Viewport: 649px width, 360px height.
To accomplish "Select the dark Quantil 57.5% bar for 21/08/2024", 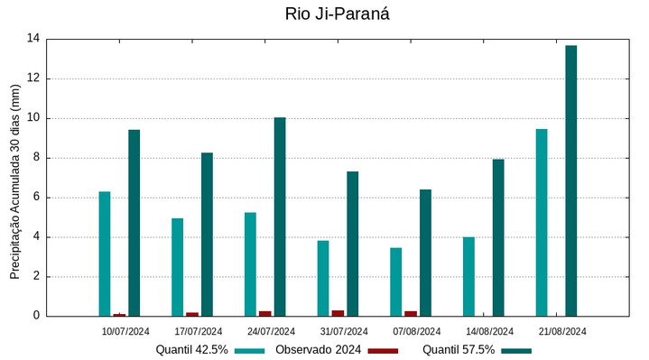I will coord(571,180).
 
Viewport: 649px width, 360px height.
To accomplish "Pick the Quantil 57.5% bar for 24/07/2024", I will coord(280,217).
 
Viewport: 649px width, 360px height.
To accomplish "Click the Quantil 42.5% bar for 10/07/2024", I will coord(105,254).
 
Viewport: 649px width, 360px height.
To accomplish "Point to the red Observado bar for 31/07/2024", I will coord(338,313).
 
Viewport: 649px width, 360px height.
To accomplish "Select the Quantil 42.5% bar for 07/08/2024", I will coord(396,282).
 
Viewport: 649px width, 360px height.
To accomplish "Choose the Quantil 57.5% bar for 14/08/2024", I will coord(498,237).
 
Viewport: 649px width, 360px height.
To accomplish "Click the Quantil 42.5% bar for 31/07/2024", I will coord(323,278).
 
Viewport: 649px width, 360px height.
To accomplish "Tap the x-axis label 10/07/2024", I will coord(125,331).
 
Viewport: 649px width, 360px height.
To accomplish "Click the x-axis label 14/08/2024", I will coord(490,331).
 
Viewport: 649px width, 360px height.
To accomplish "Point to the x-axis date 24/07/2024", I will coord(271,331).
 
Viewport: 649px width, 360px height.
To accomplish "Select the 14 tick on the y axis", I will coord(33,39).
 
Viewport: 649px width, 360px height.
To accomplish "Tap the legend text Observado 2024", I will coord(318,350).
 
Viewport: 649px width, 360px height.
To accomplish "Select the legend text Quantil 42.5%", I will coord(191,350).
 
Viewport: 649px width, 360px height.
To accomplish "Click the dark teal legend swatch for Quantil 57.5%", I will coord(516,350).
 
